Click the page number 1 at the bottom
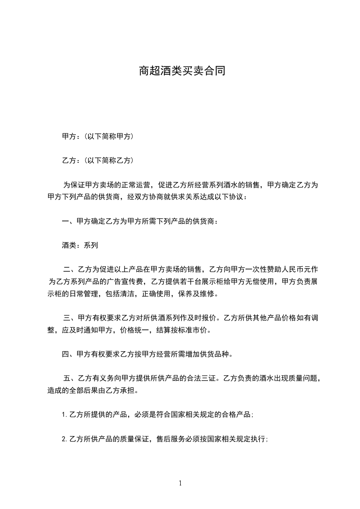tap(180, 483)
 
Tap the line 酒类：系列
tap(79, 245)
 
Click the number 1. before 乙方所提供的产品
tap(65, 415)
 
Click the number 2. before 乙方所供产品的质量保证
tap(65, 439)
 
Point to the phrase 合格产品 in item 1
tap(236, 415)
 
